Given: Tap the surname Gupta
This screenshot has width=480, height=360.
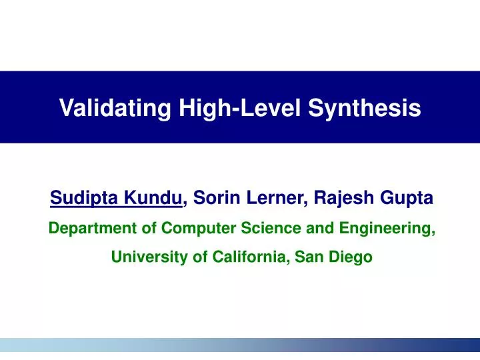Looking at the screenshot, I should [409, 198].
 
